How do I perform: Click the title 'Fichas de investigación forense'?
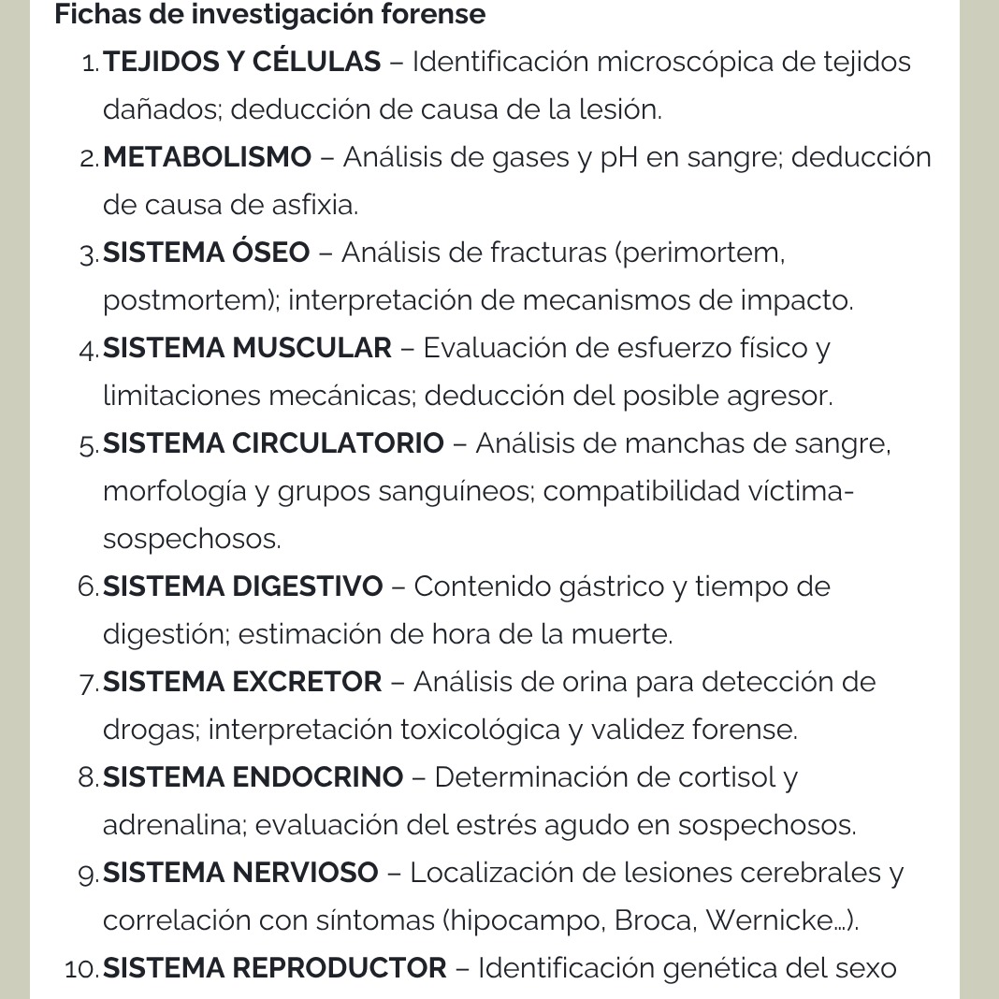click(270, 15)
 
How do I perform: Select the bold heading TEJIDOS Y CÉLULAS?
click(242, 63)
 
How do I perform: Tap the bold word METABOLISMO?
click(207, 157)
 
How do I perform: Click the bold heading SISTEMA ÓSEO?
click(206, 253)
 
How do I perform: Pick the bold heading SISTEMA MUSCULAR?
click(247, 348)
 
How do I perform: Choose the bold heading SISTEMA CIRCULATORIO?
click(273, 443)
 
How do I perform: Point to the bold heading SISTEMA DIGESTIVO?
click(243, 586)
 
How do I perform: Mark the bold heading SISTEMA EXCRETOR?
click(242, 682)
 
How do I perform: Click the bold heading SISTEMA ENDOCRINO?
click(253, 777)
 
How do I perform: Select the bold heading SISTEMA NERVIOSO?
click(240, 873)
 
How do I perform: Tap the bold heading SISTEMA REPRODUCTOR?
click(275, 968)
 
